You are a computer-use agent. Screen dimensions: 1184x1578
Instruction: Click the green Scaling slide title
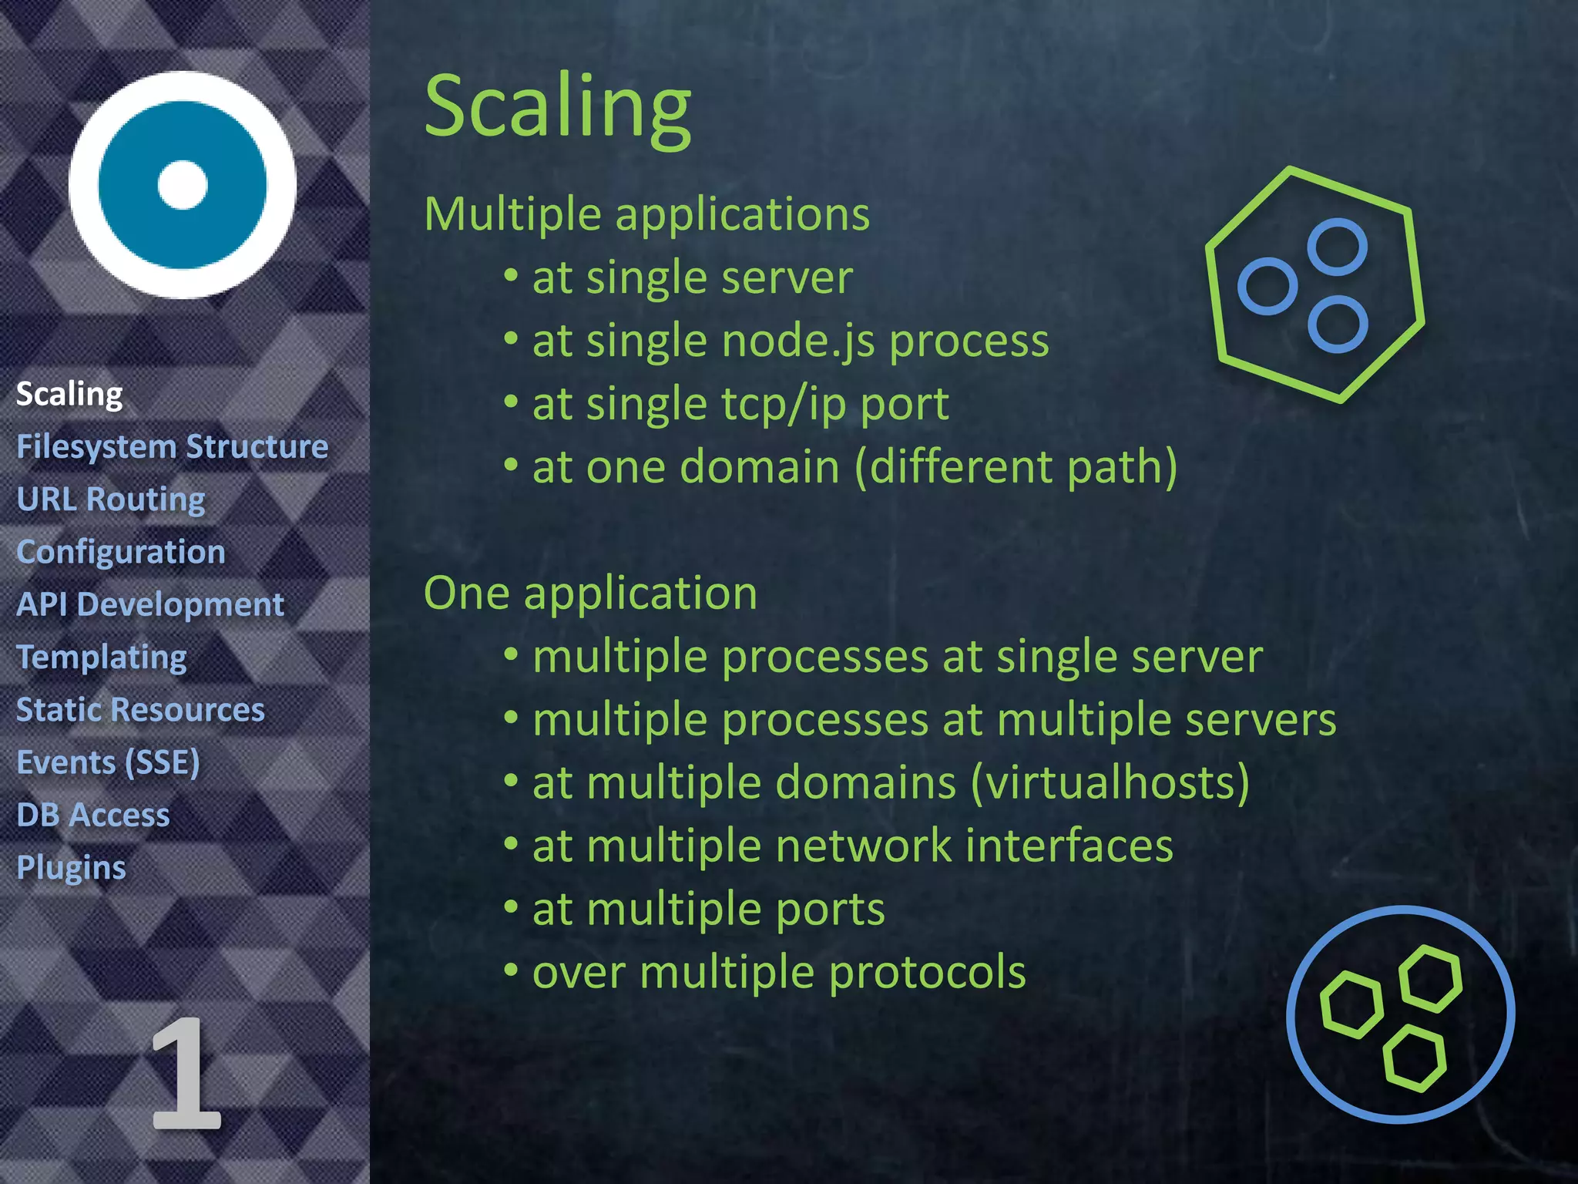click(558, 108)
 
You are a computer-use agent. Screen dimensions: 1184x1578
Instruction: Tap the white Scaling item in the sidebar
click(69, 395)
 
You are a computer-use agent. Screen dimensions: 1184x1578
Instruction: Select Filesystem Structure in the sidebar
click(173, 447)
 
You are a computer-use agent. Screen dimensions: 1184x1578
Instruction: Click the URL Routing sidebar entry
click(111, 499)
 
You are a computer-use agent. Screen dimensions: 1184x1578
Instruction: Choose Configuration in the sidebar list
click(121, 552)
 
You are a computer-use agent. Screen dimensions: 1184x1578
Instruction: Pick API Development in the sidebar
click(150, 604)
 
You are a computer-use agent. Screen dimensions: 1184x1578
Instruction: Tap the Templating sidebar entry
click(102, 658)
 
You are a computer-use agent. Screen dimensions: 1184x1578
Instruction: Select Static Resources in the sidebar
click(140, 710)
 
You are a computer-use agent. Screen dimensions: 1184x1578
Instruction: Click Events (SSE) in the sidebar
click(108, 762)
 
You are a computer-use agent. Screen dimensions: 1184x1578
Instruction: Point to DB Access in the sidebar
click(93, 815)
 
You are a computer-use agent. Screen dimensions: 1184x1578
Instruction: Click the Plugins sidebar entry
click(71, 868)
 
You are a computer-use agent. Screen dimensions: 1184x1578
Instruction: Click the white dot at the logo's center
click(183, 185)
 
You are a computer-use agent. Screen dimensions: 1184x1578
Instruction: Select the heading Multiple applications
click(646, 214)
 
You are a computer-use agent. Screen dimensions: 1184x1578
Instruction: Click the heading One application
click(590, 594)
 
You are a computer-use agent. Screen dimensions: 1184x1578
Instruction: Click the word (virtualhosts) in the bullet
click(1110, 783)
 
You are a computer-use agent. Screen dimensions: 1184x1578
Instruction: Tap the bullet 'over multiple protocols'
click(778, 973)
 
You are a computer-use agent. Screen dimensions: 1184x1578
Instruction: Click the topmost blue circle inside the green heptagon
click(1338, 247)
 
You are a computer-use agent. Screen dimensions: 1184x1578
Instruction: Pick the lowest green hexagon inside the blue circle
click(1415, 1058)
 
